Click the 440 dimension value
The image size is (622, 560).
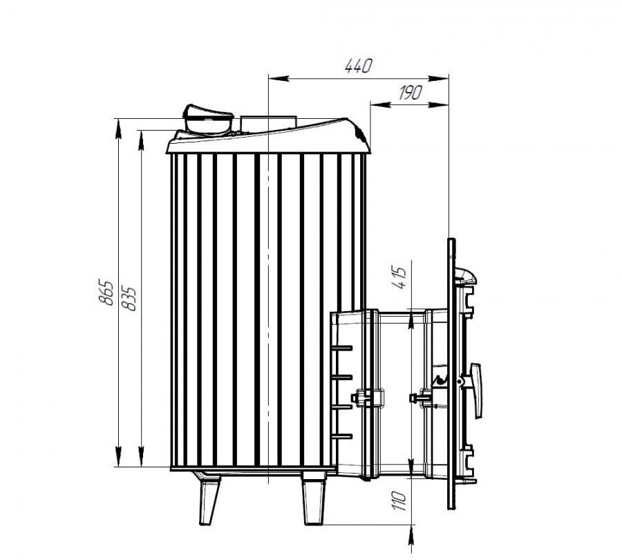(x=359, y=66)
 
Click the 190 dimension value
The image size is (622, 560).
(x=410, y=93)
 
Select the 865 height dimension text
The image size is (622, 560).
(x=106, y=292)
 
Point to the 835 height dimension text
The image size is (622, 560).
(x=129, y=298)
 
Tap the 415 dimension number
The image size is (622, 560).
(x=399, y=277)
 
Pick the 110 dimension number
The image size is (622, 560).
(x=399, y=501)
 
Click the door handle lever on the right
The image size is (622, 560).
(x=476, y=390)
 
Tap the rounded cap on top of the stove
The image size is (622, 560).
(x=207, y=120)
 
